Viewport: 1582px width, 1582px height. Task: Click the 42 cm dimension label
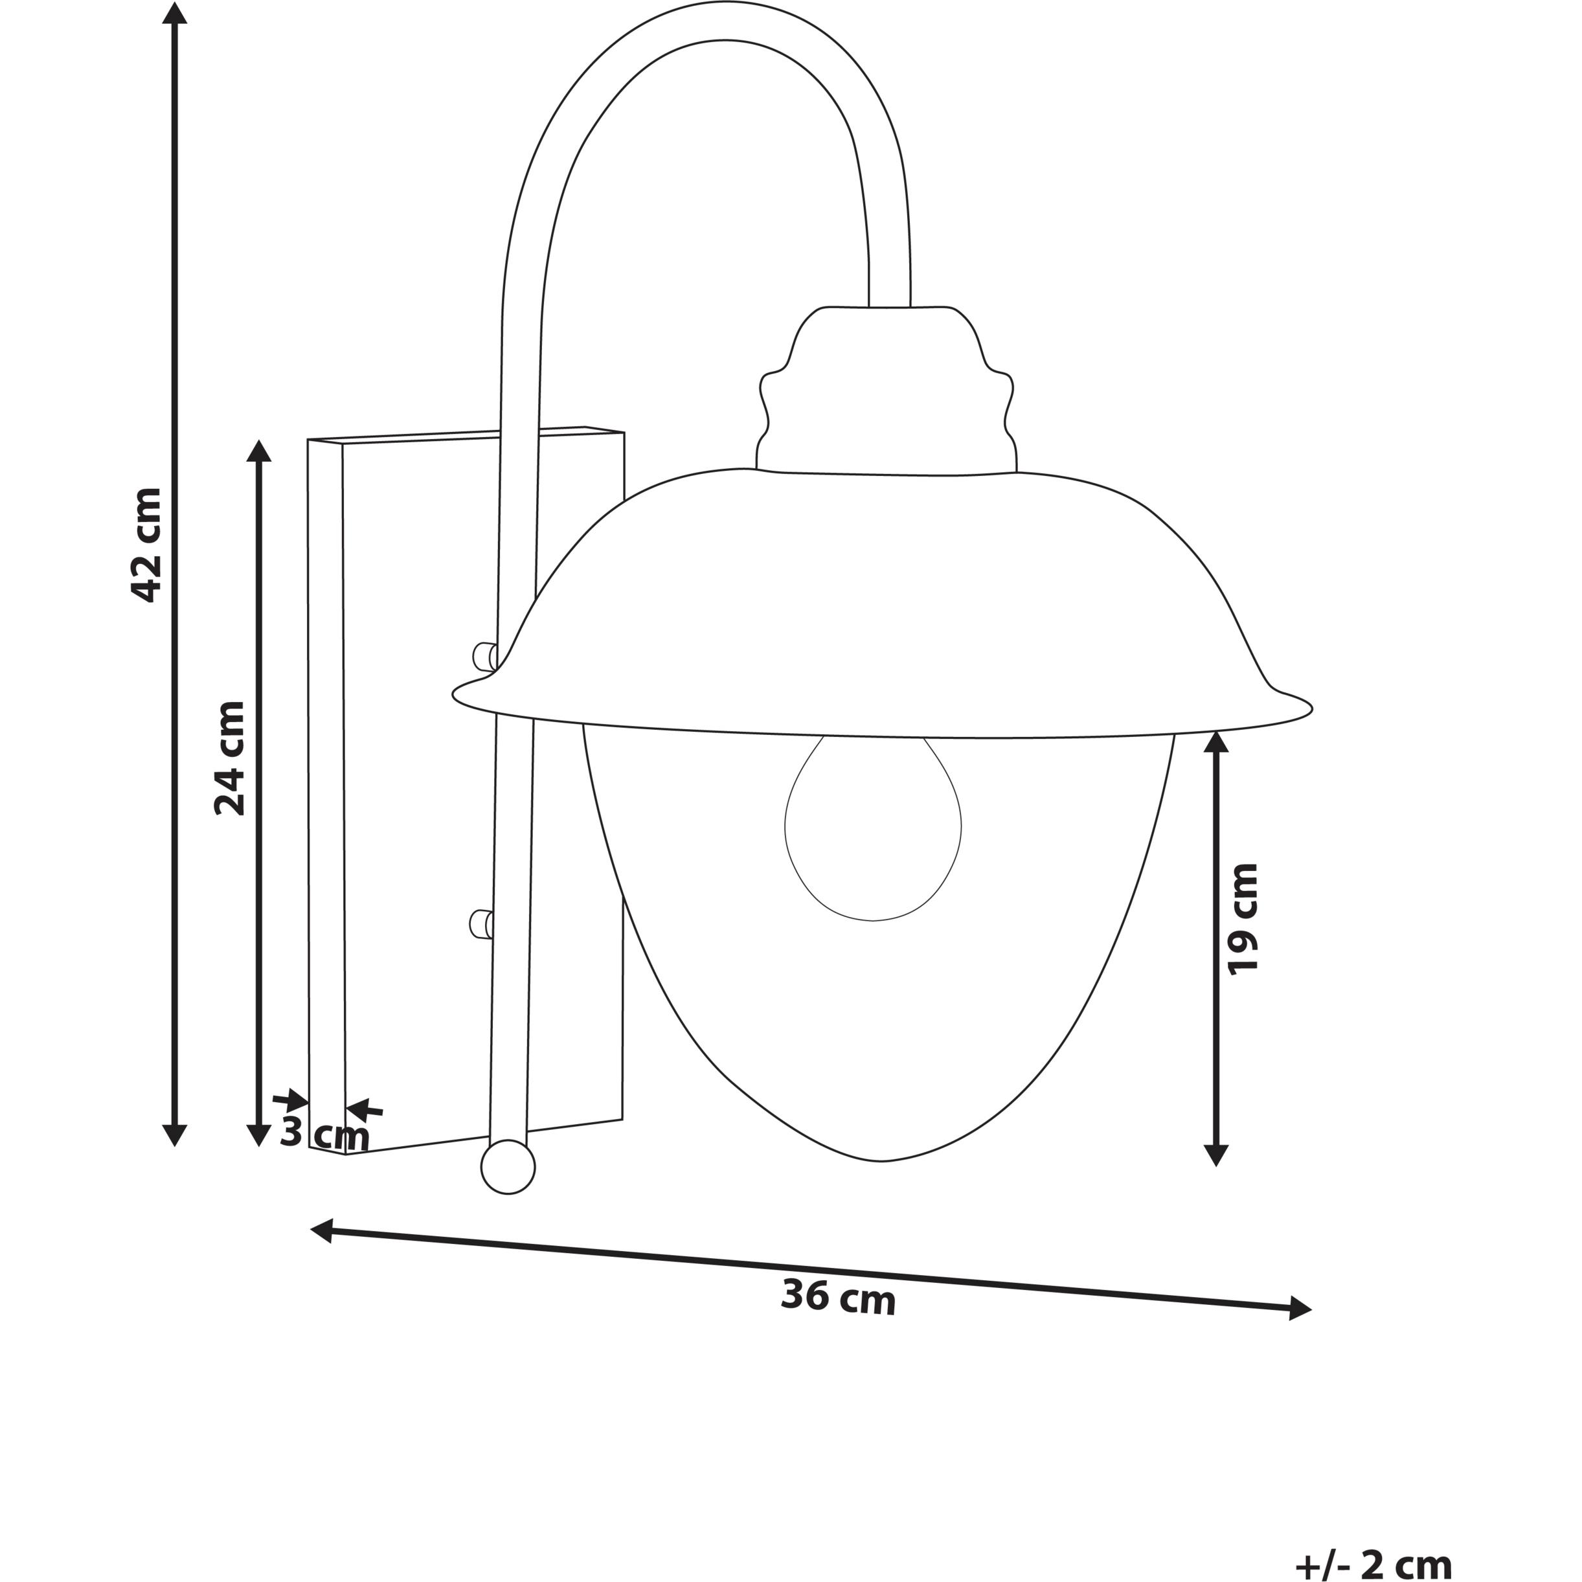[148, 545]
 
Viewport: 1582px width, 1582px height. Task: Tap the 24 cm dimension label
[230, 758]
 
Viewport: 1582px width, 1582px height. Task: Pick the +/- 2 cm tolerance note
[1374, 1563]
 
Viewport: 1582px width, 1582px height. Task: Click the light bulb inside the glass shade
[873, 829]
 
